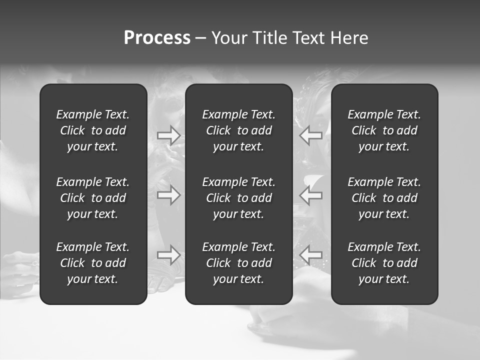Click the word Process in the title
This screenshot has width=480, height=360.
pyautogui.click(x=157, y=38)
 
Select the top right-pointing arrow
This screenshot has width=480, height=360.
pyautogui.click(x=169, y=135)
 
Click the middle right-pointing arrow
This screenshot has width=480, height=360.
pyautogui.click(x=169, y=195)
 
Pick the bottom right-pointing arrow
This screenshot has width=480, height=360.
pyautogui.click(x=169, y=255)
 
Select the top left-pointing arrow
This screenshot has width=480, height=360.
pyautogui.click(x=310, y=135)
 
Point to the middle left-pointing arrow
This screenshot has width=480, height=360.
pyautogui.click(x=310, y=195)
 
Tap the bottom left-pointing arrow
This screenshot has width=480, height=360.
pyautogui.click(x=310, y=255)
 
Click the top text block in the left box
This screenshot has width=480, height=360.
pyautogui.click(x=93, y=130)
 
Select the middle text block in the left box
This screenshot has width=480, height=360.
pyautogui.click(x=93, y=198)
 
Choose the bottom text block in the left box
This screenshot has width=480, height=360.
pyautogui.click(x=93, y=263)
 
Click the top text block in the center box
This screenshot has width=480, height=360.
pyautogui.click(x=239, y=130)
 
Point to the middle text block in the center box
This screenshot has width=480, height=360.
pyautogui.click(x=239, y=198)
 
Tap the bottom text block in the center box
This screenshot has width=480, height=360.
pyautogui.click(x=239, y=263)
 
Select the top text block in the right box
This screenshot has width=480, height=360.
pyautogui.click(x=384, y=130)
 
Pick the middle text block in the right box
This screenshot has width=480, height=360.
pyautogui.click(x=384, y=198)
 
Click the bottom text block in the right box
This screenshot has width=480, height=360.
pyautogui.click(x=384, y=263)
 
